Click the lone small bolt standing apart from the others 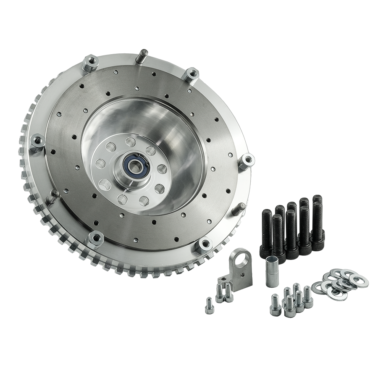tap(208, 305)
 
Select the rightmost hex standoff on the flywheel tap(247, 160)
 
